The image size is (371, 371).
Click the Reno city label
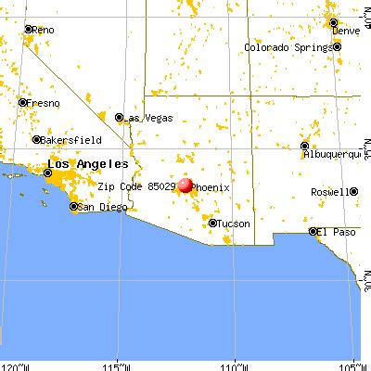click(45, 30)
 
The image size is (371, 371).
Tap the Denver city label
click(347, 31)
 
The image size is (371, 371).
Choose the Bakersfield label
click(70, 140)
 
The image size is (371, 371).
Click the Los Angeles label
click(83, 164)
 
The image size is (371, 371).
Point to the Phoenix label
click(211, 186)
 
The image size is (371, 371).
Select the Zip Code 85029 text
click(136, 185)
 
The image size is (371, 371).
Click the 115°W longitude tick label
click(118, 364)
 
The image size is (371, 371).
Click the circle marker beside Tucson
click(213, 224)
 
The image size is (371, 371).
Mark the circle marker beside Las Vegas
click(119, 118)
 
